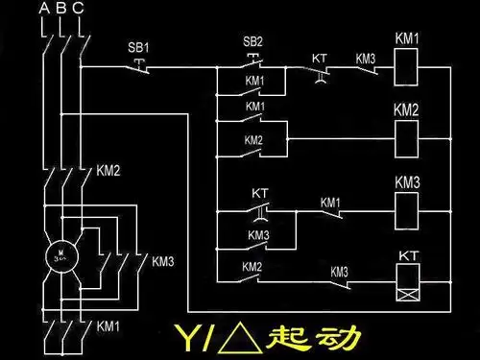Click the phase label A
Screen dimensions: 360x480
[x=43, y=10]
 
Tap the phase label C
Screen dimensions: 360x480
[x=78, y=10]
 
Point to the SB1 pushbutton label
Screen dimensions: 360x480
[x=138, y=47]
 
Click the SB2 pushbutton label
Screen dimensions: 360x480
[x=252, y=43]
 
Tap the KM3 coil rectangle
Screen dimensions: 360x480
[x=407, y=207]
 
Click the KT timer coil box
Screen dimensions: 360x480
[x=408, y=276]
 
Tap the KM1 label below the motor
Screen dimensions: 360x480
[x=108, y=327]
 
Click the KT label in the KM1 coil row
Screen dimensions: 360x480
[x=320, y=58]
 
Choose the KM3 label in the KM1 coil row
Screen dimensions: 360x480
[x=365, y=58]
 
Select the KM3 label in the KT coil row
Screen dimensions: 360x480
[x=339, y=272]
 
